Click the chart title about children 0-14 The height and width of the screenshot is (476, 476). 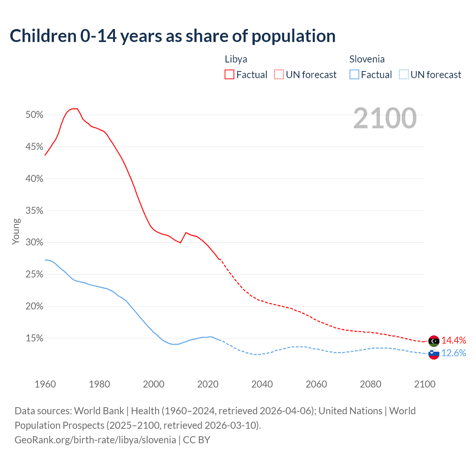click(173, 36)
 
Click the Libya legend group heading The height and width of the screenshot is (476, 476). click(236, 59)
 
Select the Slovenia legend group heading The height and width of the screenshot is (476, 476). click(367, 59)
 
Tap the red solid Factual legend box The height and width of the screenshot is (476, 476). click(229, 75)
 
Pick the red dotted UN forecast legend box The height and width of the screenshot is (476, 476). click(279, 75)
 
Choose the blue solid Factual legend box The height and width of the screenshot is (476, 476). click(354, 75)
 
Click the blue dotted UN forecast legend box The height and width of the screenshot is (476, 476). click(404, 75)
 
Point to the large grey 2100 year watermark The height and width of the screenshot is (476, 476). click(385, 118)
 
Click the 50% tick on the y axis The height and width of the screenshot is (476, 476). click(35, 115)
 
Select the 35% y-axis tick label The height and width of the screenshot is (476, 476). click(35, 211)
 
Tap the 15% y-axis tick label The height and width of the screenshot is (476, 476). click(35, 338)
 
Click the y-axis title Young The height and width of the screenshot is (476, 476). click(16, 231)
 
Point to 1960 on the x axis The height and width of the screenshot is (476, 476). click(45, 384)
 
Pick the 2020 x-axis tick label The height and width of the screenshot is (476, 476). click(208, 384)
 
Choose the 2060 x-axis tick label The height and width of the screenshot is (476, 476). click(316, 384)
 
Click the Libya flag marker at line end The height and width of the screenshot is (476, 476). click(434, 341)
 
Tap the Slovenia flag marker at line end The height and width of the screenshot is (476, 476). click(434, 354)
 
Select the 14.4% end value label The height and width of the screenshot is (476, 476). click(454, 340)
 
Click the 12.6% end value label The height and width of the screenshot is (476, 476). click(454, 353)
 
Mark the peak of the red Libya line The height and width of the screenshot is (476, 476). click(74, 109)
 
